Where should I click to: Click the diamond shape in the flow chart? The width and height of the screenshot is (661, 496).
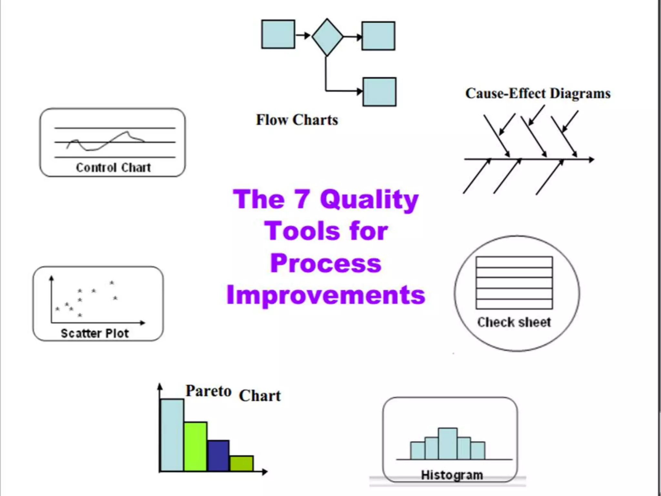[x=327, y=37]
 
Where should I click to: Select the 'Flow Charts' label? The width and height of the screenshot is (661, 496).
[x=297, y=120]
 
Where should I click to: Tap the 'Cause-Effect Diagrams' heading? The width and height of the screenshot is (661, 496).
[x=538, y=94]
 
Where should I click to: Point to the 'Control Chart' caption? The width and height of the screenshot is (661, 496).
[x=113, y=168]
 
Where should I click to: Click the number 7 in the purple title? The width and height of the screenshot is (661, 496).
[x=302, y=199]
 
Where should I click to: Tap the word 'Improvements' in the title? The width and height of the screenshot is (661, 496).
[x=326, y=295]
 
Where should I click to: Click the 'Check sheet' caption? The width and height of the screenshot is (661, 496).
[x=514, y=322]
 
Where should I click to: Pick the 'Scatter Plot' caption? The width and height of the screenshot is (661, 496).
[x=95, y=333]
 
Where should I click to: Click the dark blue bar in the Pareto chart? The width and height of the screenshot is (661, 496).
[x=218, y=455]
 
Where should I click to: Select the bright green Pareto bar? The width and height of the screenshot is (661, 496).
[x=195, y=446]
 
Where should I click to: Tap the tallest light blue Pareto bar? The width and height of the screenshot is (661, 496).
[x=172, y=435]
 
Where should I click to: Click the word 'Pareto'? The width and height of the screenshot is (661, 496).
[x=208, y=391]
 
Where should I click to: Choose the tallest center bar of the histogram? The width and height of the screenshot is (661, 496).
[x=448, y=444]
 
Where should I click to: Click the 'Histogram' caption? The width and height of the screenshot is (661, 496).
[x=452, y=475]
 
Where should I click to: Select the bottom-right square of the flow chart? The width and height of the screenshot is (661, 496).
[x=379, y=92]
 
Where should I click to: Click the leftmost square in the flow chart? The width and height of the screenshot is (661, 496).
[x=278, y=34]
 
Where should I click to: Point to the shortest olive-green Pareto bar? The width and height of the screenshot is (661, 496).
[x=241, y=463]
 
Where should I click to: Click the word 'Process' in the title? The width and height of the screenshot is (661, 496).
[x=326, y=263]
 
